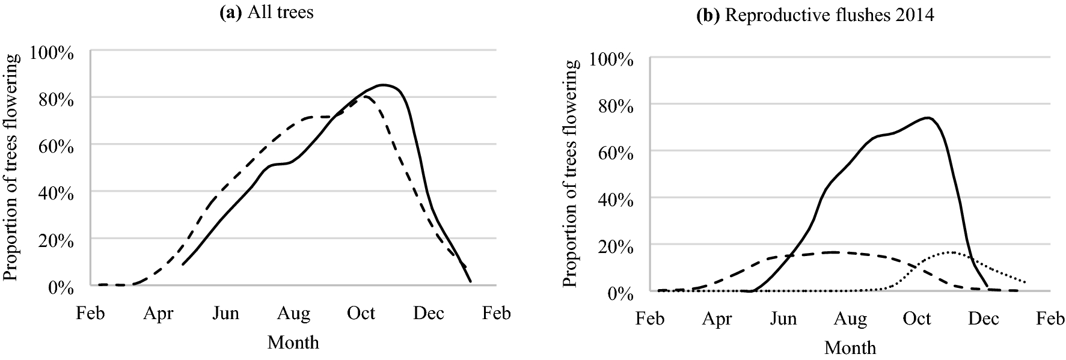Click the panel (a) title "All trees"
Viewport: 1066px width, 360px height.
click(x=266, y=12)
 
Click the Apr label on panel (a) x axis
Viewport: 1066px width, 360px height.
click(x=158, y=314)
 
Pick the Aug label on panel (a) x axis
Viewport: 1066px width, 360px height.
click(x=293, y=314)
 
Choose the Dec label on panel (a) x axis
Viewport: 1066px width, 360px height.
click(x=429, y=314)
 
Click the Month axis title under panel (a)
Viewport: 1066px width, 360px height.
click(x=293, y=343)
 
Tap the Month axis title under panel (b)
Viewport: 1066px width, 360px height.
click(x=850, y=347)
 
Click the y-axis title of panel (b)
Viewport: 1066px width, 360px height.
click(x=571, y=173)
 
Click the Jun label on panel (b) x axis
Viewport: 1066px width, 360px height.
click(x=783, y=319)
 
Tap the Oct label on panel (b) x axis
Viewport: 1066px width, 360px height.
click(x=917, y=319)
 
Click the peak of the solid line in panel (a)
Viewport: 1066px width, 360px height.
click(x=383, y=85)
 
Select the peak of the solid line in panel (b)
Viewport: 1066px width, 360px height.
click(x=929, y=118)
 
